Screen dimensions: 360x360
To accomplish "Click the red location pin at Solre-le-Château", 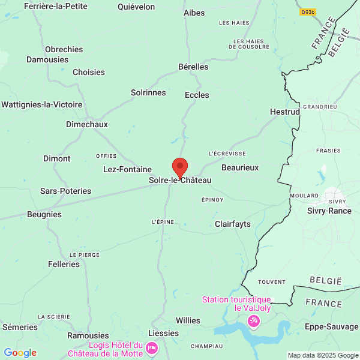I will point(180,167).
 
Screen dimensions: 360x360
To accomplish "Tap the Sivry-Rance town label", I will point(329,211).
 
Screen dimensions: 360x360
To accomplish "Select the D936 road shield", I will point(308,11).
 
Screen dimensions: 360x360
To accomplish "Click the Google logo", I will point(20,353).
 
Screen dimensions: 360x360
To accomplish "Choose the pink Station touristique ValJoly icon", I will point(254,322).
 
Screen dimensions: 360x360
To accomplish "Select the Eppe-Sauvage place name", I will point(332,326).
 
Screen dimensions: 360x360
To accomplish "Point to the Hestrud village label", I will point(285,112).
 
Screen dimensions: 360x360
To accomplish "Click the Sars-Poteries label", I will point(65,191).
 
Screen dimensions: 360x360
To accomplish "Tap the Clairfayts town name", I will point(233,224).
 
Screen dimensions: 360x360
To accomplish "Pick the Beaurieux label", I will point(240,167).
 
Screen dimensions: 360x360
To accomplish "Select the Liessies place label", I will point(163,333).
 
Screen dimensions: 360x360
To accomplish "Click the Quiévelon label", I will point(136,7).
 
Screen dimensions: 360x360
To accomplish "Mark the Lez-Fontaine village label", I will point(127,169).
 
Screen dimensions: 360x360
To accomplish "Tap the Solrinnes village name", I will point(148,92).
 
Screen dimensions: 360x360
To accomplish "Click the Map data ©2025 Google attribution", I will point(322,355).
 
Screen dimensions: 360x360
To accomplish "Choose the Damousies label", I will point(47,60).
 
